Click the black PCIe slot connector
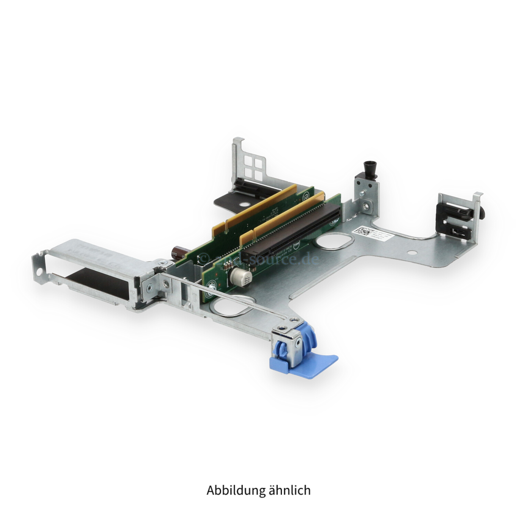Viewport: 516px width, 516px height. coord(292,230)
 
